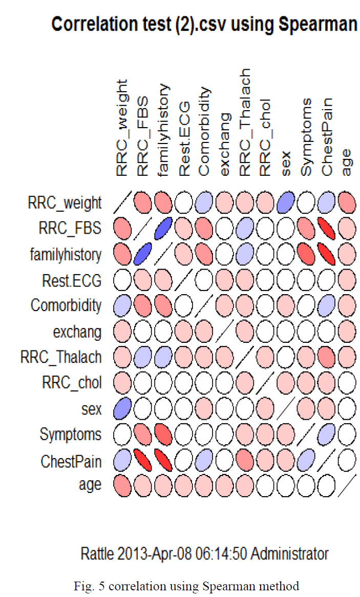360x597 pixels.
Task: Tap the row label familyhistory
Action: point(66,254)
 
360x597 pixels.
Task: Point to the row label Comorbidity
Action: point(66,305)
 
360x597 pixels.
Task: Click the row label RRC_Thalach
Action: point(61,357)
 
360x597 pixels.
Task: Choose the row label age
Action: point(90,485)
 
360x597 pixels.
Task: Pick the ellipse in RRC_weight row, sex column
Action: point(286,203)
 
